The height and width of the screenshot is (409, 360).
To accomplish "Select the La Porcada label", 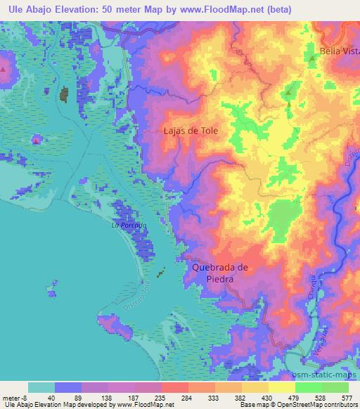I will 129,226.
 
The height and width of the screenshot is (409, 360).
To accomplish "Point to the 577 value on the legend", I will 347,397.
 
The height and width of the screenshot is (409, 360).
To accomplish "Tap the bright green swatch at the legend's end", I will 335,387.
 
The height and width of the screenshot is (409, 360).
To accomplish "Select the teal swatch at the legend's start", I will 41,387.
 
